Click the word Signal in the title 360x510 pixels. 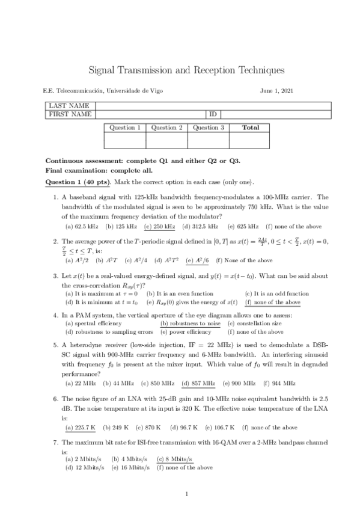[103, 70]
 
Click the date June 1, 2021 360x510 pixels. [277, 91]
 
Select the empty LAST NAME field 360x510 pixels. [213, 106]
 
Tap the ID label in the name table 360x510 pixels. [212, 114]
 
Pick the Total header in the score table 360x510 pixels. [250, 127]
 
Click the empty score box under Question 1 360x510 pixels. [125, 140]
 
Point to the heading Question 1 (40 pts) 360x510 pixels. [77, 182]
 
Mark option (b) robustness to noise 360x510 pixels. [191, 323]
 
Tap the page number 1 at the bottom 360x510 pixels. [187, 494]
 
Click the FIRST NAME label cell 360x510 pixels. [70, 114]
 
